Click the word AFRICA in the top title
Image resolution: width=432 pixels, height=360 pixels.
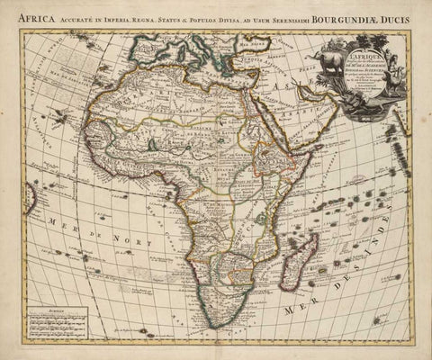[39, 13]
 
